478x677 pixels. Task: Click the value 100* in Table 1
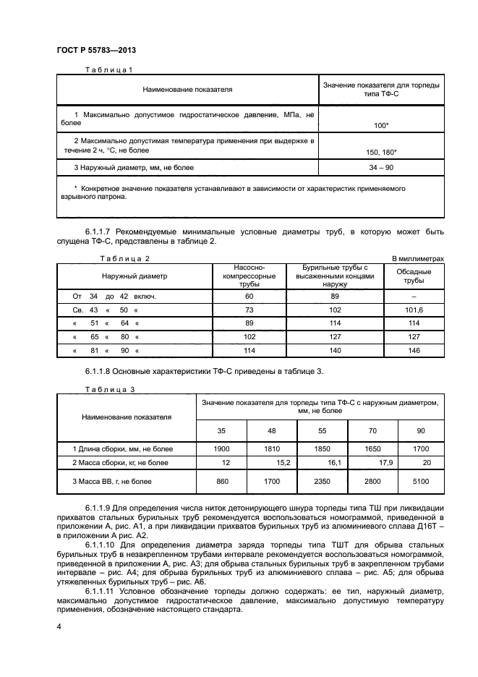(x=381, y=126)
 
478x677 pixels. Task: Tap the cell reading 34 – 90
(x=381, y=168)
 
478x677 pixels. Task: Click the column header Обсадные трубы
(x=414, y=276)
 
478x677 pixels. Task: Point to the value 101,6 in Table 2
(x=414, y=310)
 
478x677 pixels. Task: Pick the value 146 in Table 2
(x=414, y=350)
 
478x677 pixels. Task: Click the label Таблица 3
(x=110, y=388)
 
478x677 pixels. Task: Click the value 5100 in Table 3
(x=420, y=480)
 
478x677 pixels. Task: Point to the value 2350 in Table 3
(x=323, y=480)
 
